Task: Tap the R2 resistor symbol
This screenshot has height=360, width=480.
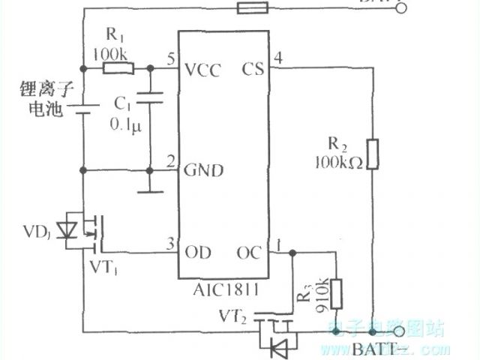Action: [x=373, y=153]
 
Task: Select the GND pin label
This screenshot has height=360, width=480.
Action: [x=204, y=170]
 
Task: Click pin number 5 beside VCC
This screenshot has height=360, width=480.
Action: [x=171, y=58]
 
